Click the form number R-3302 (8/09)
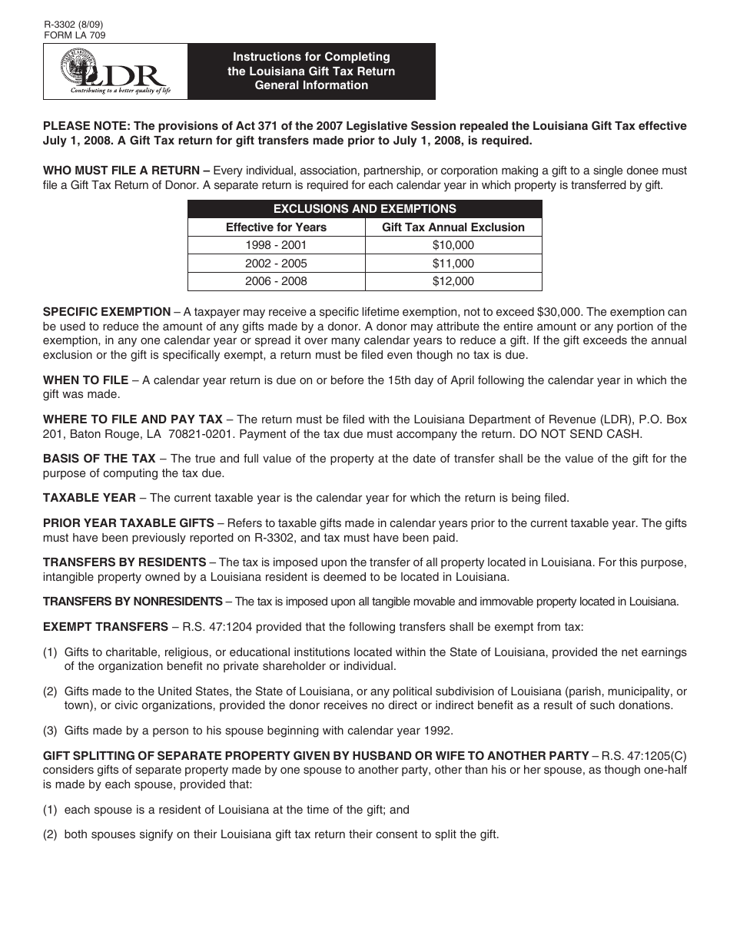[74, 25]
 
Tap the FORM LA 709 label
[75, 35]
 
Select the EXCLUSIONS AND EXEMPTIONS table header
[365, 209]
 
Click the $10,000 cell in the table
[453, 245]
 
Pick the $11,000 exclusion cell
[453, 263]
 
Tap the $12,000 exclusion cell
[453, 281]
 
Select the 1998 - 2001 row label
[276, 245]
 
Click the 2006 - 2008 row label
[276, 281]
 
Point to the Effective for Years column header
[276, 227]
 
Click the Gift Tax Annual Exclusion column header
[453, 227]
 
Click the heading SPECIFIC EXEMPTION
[107, 312]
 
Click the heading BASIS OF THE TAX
[99, 459]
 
